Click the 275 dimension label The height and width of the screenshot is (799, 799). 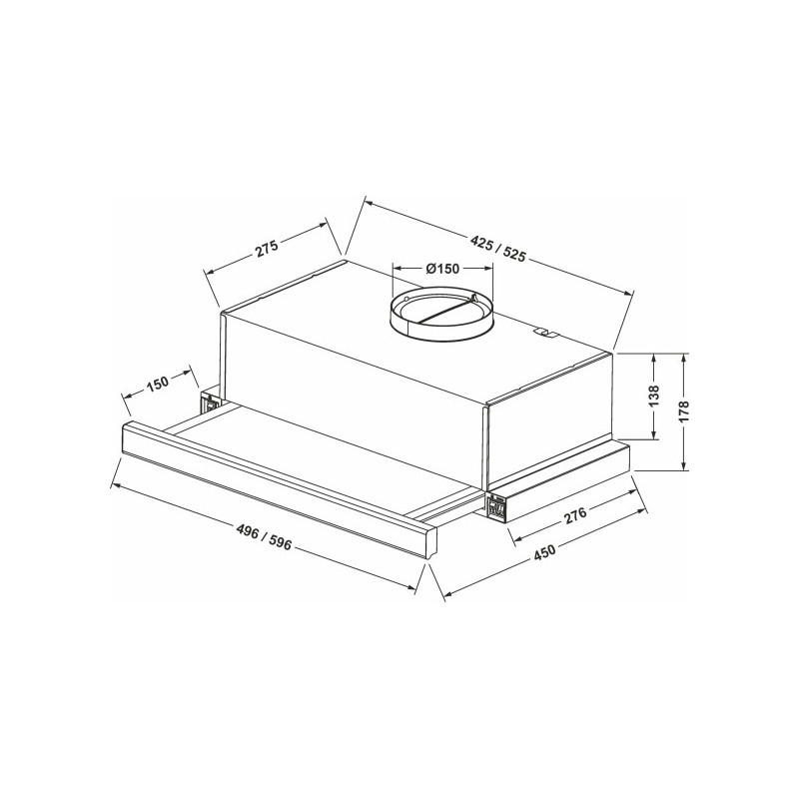point(267,248)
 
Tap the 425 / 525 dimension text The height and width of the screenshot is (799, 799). point(497,250)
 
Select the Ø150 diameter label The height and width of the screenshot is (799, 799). point(441,268)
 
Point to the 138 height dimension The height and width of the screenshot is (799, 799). point(654,396)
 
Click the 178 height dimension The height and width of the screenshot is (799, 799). point(684,410)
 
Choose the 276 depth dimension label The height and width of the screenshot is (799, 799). point(576,515)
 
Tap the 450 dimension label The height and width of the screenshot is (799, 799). point(544,553)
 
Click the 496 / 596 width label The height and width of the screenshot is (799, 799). point(265,538)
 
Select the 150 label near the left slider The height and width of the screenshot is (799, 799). point(158,383)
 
